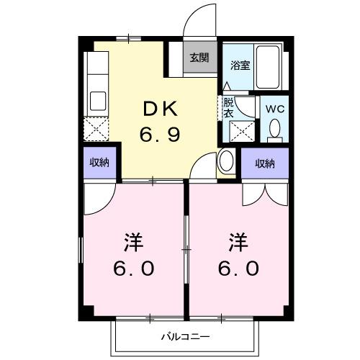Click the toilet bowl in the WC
274,129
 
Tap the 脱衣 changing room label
228,107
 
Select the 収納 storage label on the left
100,163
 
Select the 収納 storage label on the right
264,163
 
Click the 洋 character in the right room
238,240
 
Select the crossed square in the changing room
240,131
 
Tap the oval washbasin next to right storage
226,160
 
